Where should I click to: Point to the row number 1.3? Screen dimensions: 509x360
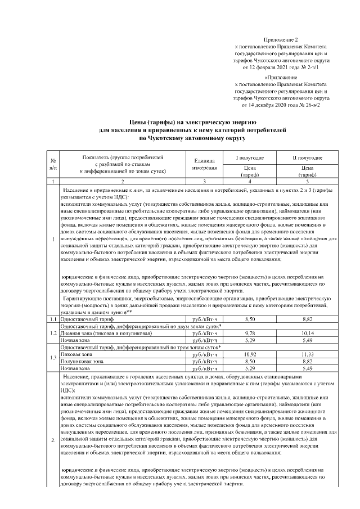point(52,358)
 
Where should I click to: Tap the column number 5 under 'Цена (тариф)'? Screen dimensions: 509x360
point(307,181)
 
